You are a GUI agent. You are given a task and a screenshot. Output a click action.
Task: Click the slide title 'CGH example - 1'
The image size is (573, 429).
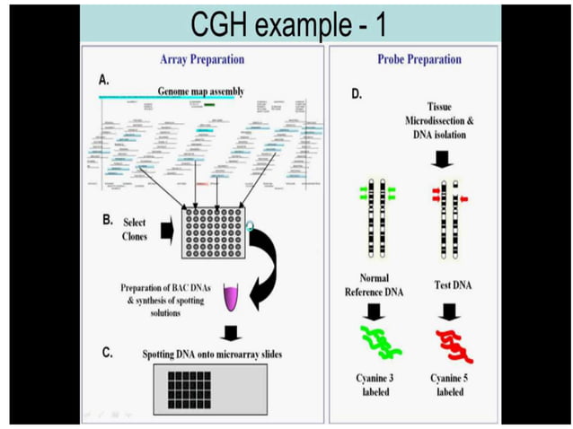coord(289,24)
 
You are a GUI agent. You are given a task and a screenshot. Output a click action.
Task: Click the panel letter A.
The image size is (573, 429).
coord(104,80)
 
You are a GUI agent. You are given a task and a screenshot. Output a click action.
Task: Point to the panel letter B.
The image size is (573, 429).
coord(107,218)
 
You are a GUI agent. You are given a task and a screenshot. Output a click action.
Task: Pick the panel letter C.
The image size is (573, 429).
coord(107,352)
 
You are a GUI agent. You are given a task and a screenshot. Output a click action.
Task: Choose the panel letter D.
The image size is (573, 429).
coord(356,92)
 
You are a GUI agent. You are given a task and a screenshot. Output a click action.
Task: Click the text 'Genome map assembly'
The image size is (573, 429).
coord(200,92)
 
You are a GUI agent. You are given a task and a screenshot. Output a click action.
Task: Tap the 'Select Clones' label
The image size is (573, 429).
coord(135,229)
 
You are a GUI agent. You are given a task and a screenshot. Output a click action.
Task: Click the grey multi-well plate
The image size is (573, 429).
coord(212,232)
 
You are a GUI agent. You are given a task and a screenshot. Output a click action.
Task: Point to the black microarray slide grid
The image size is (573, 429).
coord(203,386)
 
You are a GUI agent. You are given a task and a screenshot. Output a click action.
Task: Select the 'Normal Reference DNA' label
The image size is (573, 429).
coord(375,285)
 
